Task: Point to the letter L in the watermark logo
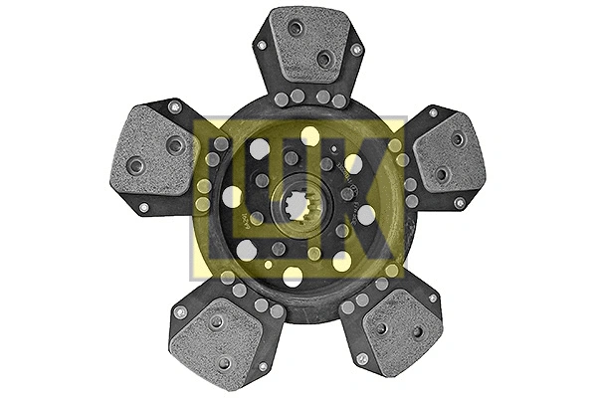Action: pos(224,195)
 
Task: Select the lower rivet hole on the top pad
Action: pos(323,60)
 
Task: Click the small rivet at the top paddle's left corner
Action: pos(262,45)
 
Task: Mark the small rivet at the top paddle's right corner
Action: pos(355,49)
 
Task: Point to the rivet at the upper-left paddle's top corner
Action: pos(174,106)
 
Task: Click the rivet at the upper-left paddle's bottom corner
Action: pos(143,207)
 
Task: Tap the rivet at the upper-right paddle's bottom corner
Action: pos(459,203)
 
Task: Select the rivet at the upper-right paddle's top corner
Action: pos(434,109)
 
